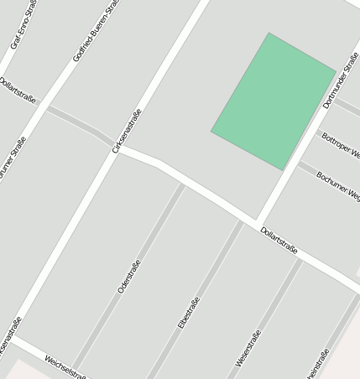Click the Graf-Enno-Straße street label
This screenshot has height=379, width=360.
click(20, 28)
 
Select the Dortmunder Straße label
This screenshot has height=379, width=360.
click(341, 80)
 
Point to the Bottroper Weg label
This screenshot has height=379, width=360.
click(341, 146)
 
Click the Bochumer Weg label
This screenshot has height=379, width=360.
click(338, 186)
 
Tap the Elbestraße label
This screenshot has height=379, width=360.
click(188, 313)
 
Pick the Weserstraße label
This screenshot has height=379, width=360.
click(248, 347)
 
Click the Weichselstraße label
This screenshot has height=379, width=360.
click(65, 366)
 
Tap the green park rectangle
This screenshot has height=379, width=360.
click(274, 101)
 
